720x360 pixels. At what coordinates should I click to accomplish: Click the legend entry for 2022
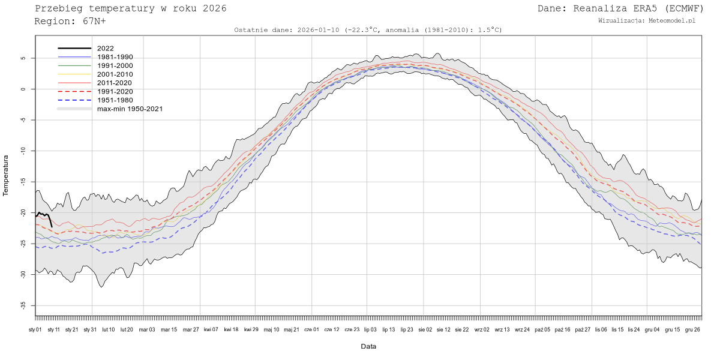(105, 48)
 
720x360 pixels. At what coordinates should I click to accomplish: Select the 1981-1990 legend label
(115, 57)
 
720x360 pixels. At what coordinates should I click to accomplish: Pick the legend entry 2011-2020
(115, 83)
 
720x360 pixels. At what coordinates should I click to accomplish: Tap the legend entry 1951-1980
(115, 100)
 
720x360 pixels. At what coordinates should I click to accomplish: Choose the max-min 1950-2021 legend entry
(130, 109)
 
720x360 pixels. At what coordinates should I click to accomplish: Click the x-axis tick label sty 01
(35, 329)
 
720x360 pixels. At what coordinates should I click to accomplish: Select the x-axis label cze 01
(312, 329)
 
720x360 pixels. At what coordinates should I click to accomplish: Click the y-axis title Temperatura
(7, 175)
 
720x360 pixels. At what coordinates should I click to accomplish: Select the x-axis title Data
(368, 346)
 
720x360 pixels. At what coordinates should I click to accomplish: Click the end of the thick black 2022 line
(52, 226)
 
